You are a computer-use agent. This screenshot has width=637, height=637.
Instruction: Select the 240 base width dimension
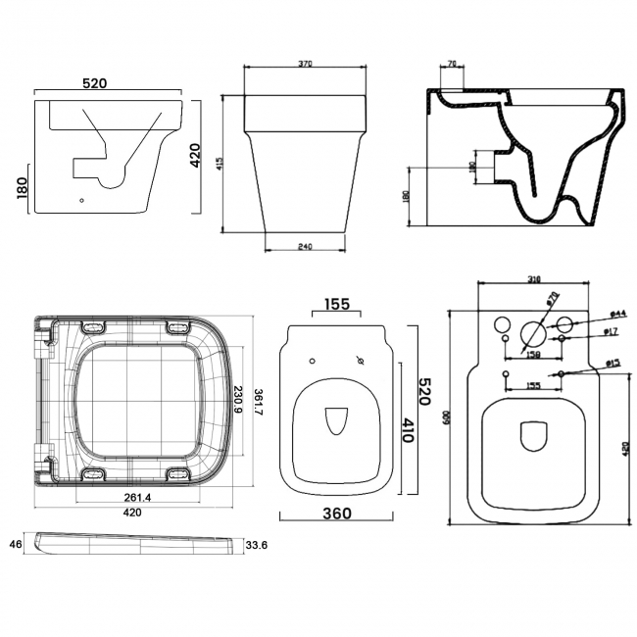coord(307,246)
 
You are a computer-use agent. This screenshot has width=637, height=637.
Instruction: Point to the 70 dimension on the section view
coord(451,64)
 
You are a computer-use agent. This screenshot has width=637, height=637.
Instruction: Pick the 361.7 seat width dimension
coord(258,399)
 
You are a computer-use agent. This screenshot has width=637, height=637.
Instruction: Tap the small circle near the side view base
coord(81,203)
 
